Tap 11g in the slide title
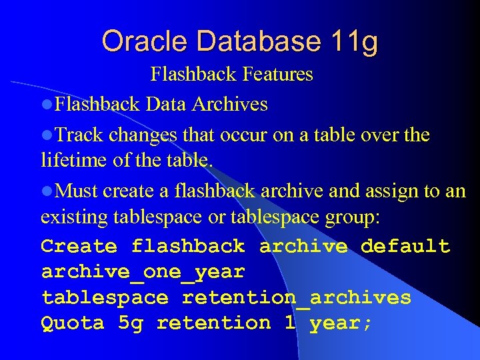click(353, 42)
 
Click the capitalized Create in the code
click(79, 246)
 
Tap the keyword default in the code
click(405, 246)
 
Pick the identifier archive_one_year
click(143, 272)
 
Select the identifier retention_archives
click(297, 297)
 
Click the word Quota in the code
click(73, 323)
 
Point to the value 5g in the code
click(130, 323)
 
